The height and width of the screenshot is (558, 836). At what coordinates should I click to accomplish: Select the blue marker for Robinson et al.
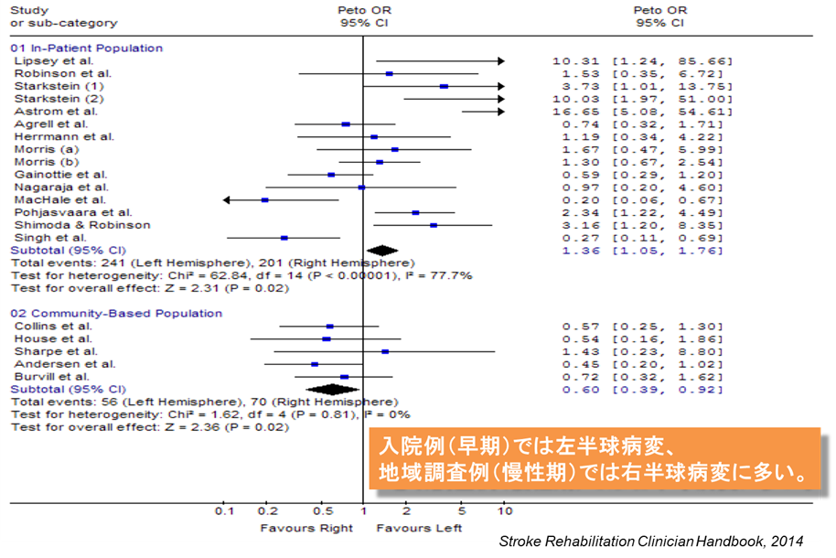[x=389, y=73]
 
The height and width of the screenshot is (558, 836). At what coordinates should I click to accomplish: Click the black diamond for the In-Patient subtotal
[x=381, y=250]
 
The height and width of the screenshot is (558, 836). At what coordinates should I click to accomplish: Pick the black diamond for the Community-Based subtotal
[x=332, y=389]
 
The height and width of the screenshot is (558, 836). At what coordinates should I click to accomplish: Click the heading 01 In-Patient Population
[x=86, y=48]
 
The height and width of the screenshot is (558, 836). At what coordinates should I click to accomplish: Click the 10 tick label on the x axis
[x=504, y=510]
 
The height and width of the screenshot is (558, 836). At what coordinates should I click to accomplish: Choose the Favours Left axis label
[x=419, y=528]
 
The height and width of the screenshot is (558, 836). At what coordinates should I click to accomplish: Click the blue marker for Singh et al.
[x=284, y=237]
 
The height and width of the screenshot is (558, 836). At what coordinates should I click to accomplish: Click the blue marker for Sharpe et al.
[x=385, y=351]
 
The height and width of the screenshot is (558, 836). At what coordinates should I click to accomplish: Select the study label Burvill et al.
[x=51, y=376]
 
